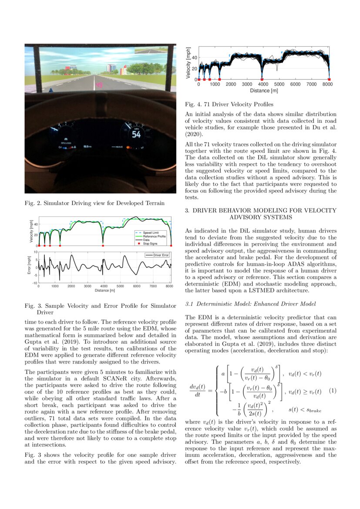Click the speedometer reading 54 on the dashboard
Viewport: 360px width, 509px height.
[x=136, y=135]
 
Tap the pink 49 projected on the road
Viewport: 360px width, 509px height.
[x=99, y=85]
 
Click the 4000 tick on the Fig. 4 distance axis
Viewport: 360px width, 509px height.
[x=263, y=84]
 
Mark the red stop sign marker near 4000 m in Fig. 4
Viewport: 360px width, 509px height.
[x=263, y=79]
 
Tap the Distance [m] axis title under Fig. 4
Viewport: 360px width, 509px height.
[x=263, y=91]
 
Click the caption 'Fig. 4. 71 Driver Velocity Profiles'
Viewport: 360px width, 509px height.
[x=229, y=104]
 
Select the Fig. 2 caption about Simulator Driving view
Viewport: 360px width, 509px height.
[x=94, y=203]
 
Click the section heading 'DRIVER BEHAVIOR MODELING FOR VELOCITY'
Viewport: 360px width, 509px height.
[x=261, y=210]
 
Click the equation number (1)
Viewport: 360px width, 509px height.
[x=332, y=391]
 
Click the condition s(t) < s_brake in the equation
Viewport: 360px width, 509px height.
[x=305, y=410]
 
